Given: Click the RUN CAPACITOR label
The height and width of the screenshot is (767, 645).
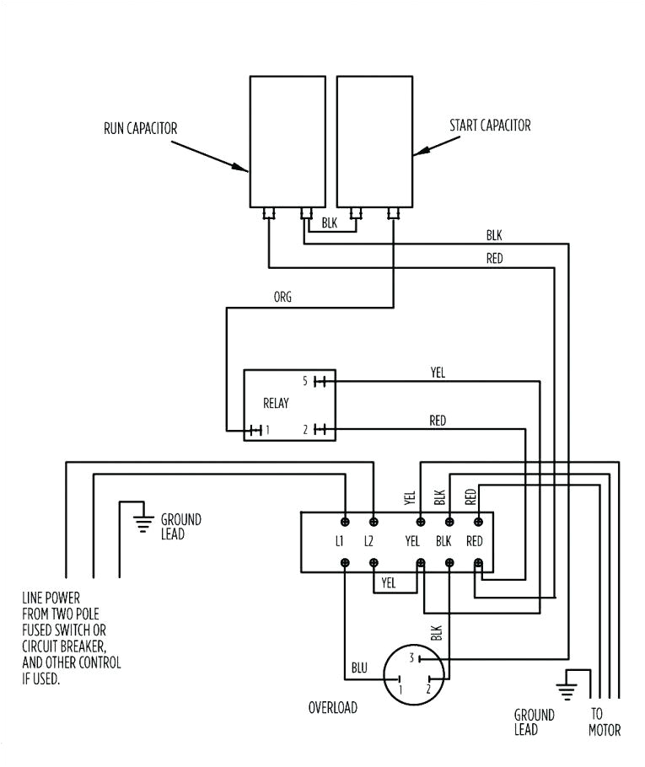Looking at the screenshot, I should [x=140, y=128].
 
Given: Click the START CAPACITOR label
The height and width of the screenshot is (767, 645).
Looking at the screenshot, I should [x=491, y=126].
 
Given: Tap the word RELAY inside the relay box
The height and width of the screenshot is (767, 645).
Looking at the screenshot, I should [x=276, y=404].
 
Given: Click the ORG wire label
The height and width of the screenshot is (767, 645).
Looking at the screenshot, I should [x=282, y=298].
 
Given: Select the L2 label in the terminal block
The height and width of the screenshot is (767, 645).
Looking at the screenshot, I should [x=368, y=541].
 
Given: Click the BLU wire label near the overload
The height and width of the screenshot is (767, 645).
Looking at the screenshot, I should [x=359, y=668].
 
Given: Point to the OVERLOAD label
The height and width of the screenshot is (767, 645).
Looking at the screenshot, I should [x=332, y=708].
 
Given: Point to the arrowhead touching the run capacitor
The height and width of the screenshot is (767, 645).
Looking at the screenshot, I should [x=242, y=168].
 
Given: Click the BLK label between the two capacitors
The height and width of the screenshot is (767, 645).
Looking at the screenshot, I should [x=329, y=225].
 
